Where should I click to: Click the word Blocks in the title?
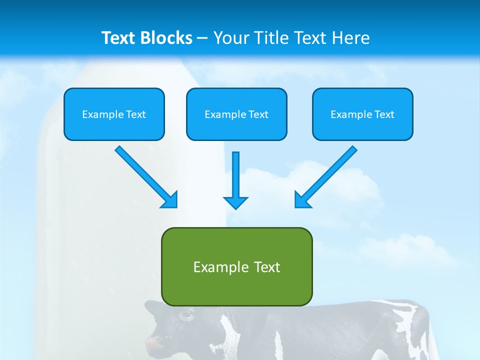click(x=167, y=38)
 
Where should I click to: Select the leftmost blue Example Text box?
click(x=114, y=114)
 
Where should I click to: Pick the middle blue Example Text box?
click(x=236, y=114)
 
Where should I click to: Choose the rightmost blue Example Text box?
click(x=362, y=114)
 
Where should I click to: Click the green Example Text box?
click(x=236, y=266)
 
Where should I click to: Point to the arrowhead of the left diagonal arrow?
click(x=170, y=200)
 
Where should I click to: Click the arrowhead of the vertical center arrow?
click(x=235, y=202)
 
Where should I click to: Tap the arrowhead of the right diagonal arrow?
click(x=302, y=200)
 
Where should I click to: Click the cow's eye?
click(x=186, y=314)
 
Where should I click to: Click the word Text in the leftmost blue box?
click(x=135, y=114)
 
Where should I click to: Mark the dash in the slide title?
click(x=202, y=38)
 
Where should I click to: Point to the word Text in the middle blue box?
click(x=258, y=114)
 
